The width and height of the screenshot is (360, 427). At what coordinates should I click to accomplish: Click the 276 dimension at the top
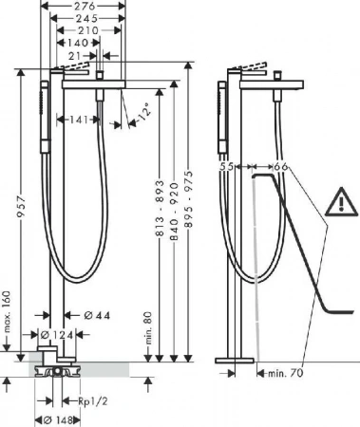click(84, 6)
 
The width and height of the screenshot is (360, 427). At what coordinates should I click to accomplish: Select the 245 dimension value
click(86, 18)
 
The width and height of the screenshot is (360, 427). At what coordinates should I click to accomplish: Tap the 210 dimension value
click(88, 30)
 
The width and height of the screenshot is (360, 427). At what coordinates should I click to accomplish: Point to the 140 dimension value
click(78, 43)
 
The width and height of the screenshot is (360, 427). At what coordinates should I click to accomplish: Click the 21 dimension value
click(75, 56)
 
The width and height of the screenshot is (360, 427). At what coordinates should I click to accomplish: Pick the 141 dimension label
click(79, 120)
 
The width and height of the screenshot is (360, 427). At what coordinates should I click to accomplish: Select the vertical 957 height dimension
click(21, 207)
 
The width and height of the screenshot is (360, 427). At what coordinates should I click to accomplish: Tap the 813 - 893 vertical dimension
click(161, 208)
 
